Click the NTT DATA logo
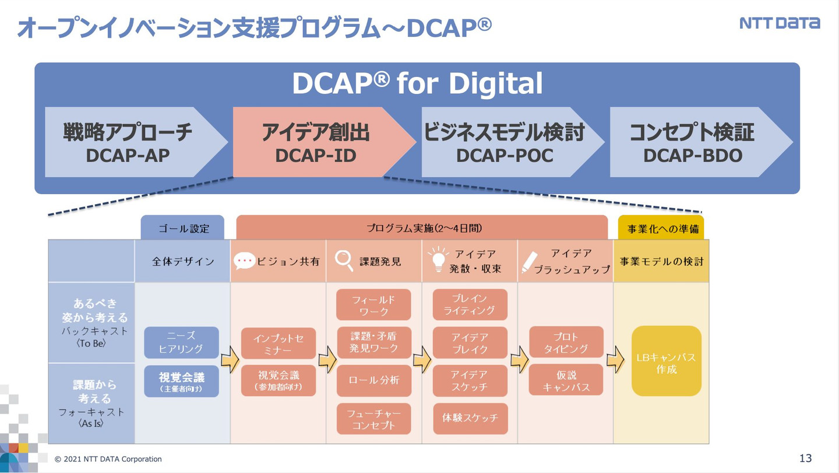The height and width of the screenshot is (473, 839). (x=780, y=23)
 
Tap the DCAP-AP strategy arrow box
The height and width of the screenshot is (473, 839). (x=128, y=142)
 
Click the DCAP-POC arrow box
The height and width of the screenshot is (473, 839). (x=505, y=142)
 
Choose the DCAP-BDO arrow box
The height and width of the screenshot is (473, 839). (x=693, y=142)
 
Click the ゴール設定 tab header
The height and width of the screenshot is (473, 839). (x=182, y=227)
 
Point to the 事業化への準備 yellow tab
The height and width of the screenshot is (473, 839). (x=661, y=228)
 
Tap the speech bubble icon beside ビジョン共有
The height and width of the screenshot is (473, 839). (x=244, y=261)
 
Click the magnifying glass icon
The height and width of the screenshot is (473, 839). (x=344, y=261)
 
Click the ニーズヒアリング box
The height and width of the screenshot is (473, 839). (x=181, y=342)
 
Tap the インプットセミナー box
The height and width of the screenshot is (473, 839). (x=279, y=344)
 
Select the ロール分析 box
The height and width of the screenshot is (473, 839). (x=374, y=380)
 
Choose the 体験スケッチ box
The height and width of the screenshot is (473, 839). (x=470, y=418)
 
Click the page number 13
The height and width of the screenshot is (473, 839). (x=806, y=458)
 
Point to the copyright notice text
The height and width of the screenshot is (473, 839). (x=108, y=459)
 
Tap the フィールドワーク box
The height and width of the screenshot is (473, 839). (x=374, y=305)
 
